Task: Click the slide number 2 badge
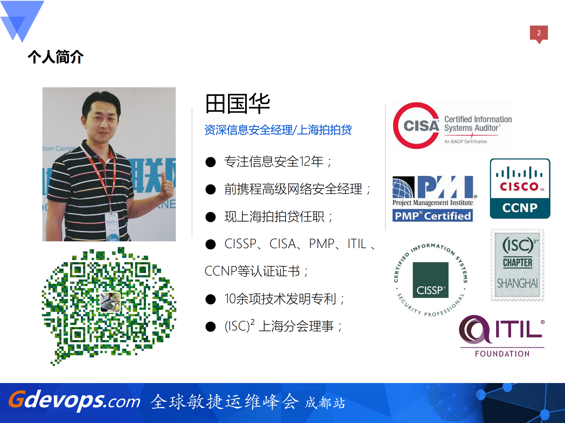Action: pos(539,33)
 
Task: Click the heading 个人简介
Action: pos(56,57)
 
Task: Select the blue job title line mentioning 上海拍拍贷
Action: pos(278,130)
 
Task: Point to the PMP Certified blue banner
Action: pos(433,216)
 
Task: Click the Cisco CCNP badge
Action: pos(520,188)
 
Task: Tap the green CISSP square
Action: pos(430,280)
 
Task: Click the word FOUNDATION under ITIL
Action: pos(502,354)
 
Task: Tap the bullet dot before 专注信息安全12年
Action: pos(211,162)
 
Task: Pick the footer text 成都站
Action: pos(325,403)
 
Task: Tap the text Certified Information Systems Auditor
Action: pos(478,124)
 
